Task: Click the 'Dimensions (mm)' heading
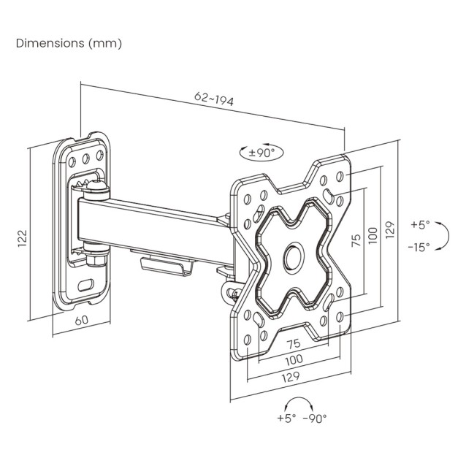pyautogui.click(x=69, y=43)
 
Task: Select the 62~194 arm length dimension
pyautogui.click(x=214, y=99)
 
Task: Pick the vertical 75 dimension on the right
pyautogui.click(x=356, y=242)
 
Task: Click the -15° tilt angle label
pyautogui.click(x=419, y=246)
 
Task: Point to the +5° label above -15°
pyautogui.click(x=420, y=224)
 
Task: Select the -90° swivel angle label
pyautogui.click(x=316, y=418)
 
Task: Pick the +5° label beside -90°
pyautogui.click(x=287, y=418)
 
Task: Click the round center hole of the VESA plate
pyautogui.click(x=292, y=256)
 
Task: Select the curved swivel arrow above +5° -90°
pyautogui.click(x=299, y=402)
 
